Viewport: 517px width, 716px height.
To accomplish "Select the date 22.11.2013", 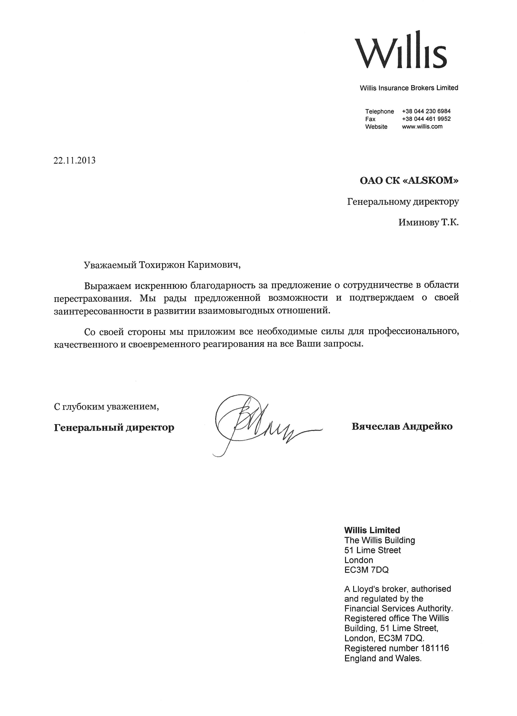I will pos(74,161).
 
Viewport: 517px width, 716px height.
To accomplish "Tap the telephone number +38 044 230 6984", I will pos(426,111).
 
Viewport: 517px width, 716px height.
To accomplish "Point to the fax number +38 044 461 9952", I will pos(426,119).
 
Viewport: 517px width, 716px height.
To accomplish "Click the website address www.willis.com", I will pos(422,127).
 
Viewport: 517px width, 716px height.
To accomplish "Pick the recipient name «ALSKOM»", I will pos(431,181).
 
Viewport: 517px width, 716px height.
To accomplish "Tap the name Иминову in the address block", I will pos(418,223).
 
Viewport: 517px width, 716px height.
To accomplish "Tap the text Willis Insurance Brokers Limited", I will pos(409,88).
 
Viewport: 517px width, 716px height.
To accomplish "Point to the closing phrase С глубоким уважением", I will pos(106,407).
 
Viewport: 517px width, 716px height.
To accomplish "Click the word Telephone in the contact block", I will pos(379,111).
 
